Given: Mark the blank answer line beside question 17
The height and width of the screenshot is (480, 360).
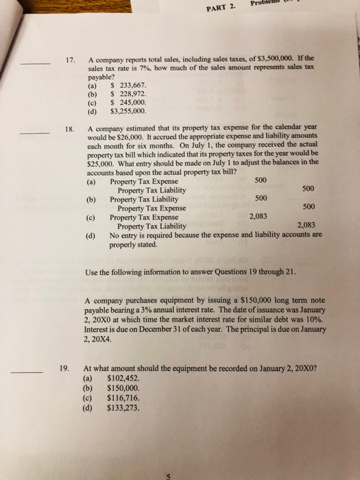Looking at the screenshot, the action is [35, 64].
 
